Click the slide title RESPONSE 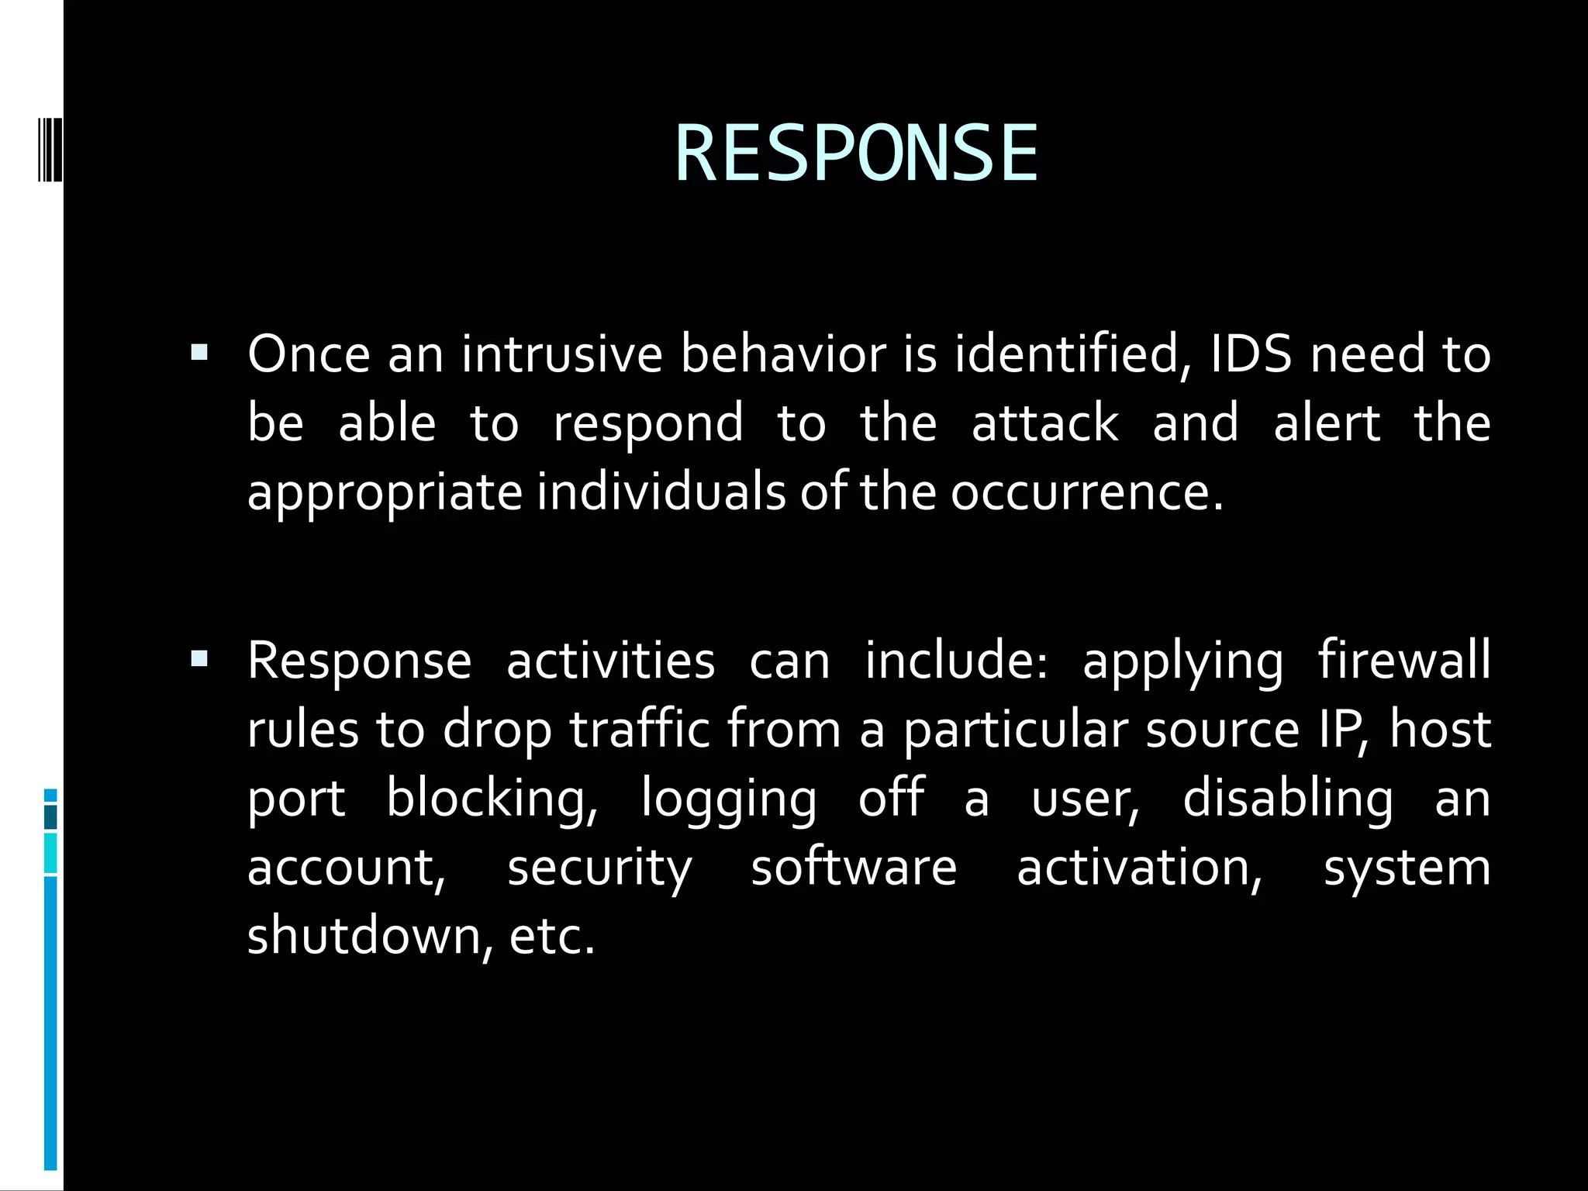click(856, 154)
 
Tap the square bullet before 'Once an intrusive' click(199, 354)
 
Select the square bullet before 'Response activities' click(199, 660)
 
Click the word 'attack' click(1045, 423)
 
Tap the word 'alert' click(1327, 423)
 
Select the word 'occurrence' click(1086, 492)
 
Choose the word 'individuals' click(661, 492)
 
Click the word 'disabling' click(1287, 799)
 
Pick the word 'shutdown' click(369, 936)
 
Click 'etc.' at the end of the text click(552, 936)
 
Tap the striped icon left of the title click(49, 138)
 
